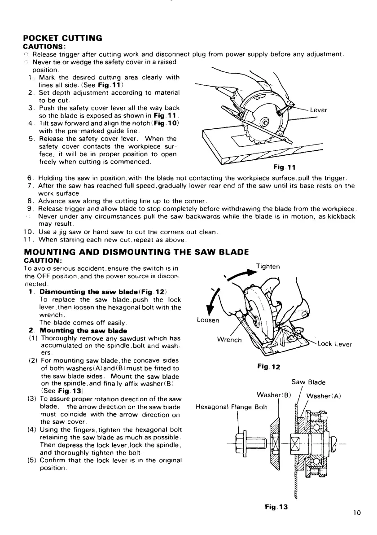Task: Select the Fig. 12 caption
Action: pyautogui.click(x=268, y=366)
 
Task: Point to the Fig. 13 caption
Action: pyautogui.click(x=275, y=507)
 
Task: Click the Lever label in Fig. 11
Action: pyautogui.click(x=318, y=110)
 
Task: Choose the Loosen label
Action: pyautogui.click(x=208, y=321)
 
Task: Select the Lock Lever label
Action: pyautogui.click(x=334, y=344)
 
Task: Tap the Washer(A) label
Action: pyautogui.click(x=324, y=395)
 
